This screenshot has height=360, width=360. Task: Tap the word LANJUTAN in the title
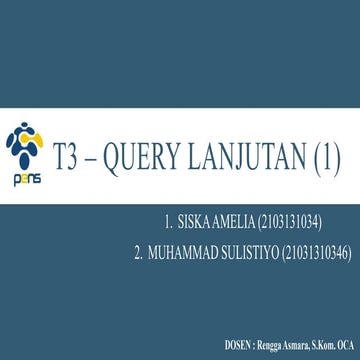[x=247, y=152]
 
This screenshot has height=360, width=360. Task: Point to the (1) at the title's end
[x=328, y=152]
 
